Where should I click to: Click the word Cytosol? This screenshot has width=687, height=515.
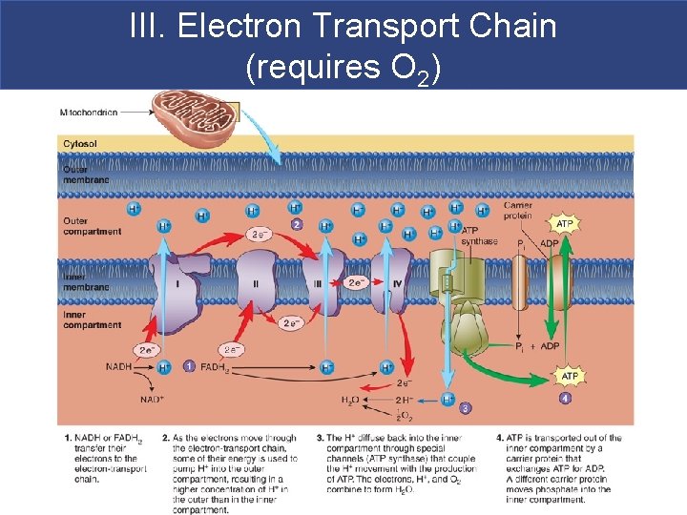pos(80,144)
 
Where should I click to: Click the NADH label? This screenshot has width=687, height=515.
pos(119,366)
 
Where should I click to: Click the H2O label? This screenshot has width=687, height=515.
pos(351,400)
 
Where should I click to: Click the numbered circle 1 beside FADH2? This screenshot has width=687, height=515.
pos(189,366)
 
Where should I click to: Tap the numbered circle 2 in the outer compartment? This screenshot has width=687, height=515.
pos(297,224)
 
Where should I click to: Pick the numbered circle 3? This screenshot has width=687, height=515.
pos(466,408)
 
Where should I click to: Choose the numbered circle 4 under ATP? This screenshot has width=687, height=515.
pos(566,398)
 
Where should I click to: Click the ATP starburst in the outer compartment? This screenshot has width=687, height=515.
pos(565,224)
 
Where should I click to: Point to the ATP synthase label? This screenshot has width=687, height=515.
pos(478,236)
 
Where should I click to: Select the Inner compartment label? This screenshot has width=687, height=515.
pos(92,319)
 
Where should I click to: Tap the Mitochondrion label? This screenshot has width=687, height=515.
pos(88,113)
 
